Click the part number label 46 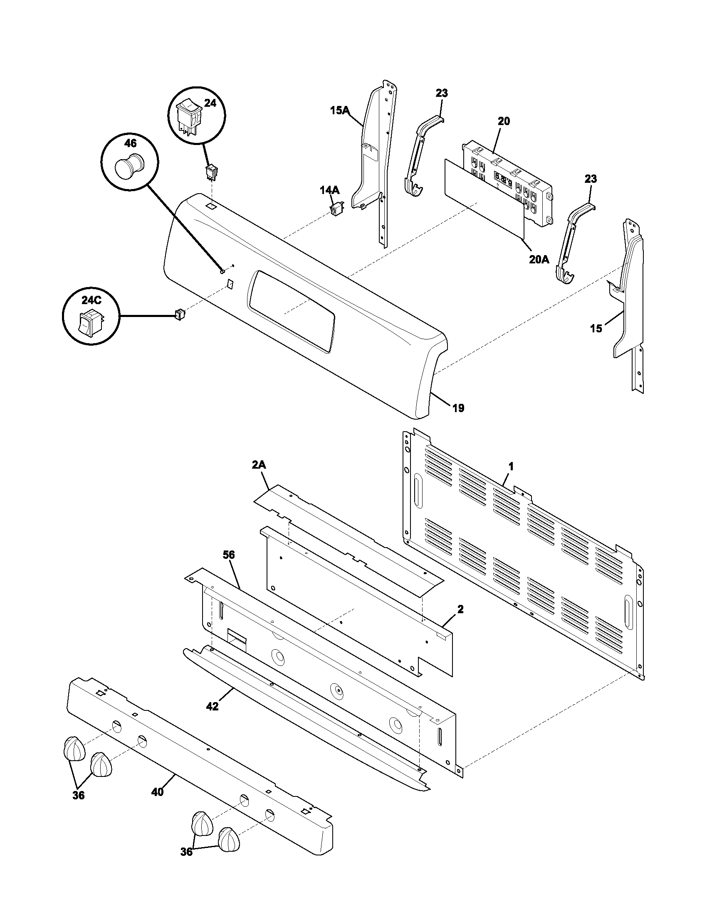(x=131, y=144)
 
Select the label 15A (x=339, y=111)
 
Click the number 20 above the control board (x=504, y=121)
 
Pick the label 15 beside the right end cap (x=596, y=329)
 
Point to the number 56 (x=229, y=555)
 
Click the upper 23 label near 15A (x=441, y=93)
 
